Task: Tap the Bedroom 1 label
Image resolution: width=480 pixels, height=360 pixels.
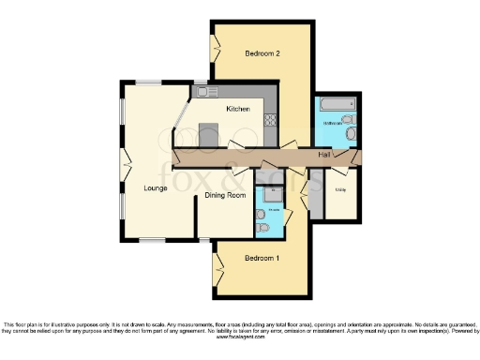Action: (262, 257)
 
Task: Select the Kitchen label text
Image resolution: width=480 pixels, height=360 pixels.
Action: (237, 110)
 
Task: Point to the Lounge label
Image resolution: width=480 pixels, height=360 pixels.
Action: (156, 187)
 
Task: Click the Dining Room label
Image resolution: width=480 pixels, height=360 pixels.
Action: (226, 195)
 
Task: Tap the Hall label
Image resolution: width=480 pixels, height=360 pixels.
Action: (324, 154)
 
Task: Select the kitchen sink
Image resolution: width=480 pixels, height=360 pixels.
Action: (205, 92)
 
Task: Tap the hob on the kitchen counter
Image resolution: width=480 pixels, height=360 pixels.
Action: (271, 120)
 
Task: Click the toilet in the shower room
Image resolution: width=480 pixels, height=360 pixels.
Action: (264, 228)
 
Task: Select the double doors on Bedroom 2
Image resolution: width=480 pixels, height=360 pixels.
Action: (215, 44)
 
